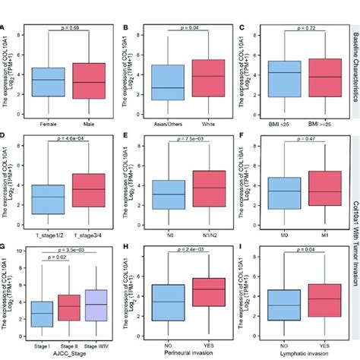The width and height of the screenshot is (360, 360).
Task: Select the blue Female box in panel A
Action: (x=48, y=82)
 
